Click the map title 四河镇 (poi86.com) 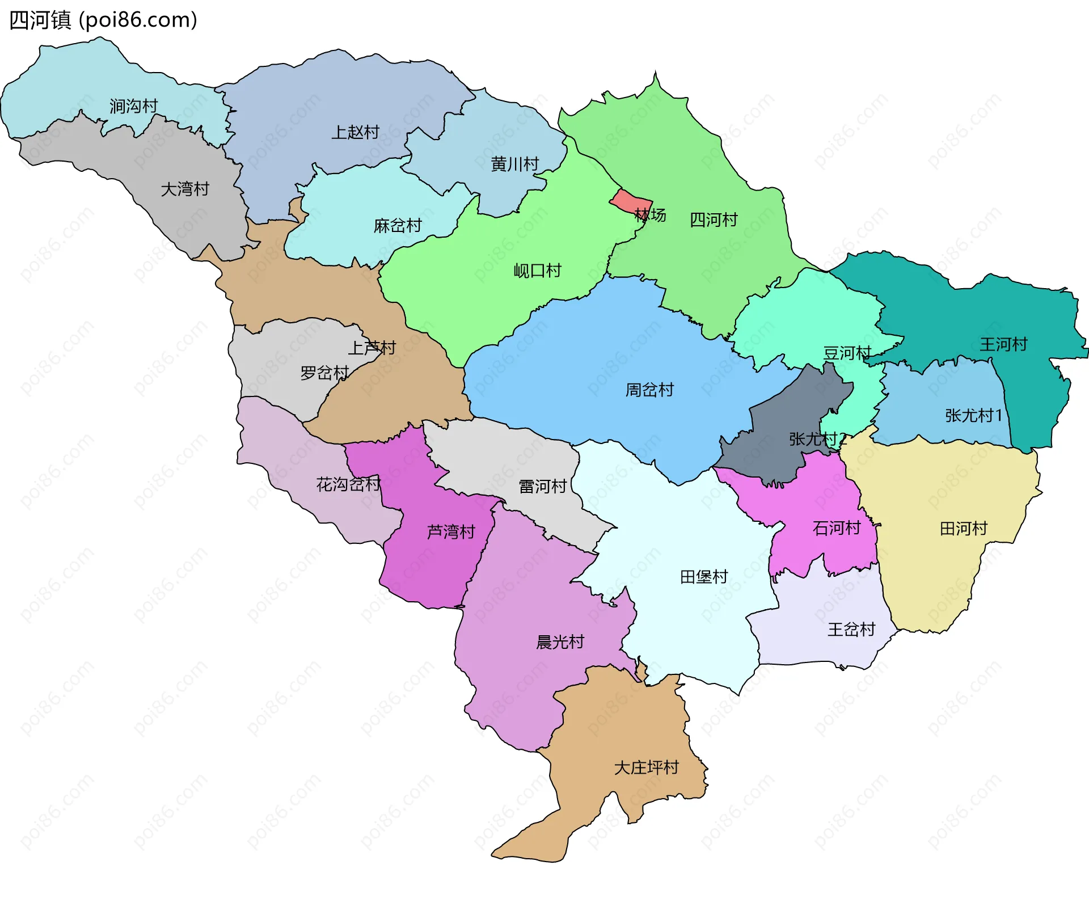coord(103,20)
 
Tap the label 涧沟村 coord(133,106)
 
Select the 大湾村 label coord(185,189)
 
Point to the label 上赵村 coord(355,132)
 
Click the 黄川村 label coord(514,164)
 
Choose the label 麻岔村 coord(398,226)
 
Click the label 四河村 coord(714,220)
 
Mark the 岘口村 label coord(537,271)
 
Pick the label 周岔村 coord(649,390)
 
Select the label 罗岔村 coord(324,373)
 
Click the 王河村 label coord(1003,344)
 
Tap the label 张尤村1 coord(973,416)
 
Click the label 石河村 coord(837,528)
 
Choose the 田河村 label coord(963,529)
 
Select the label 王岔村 coord(851,629)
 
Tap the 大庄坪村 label coord(646,767)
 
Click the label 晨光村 coord(560,642)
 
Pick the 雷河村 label coord(542,486)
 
